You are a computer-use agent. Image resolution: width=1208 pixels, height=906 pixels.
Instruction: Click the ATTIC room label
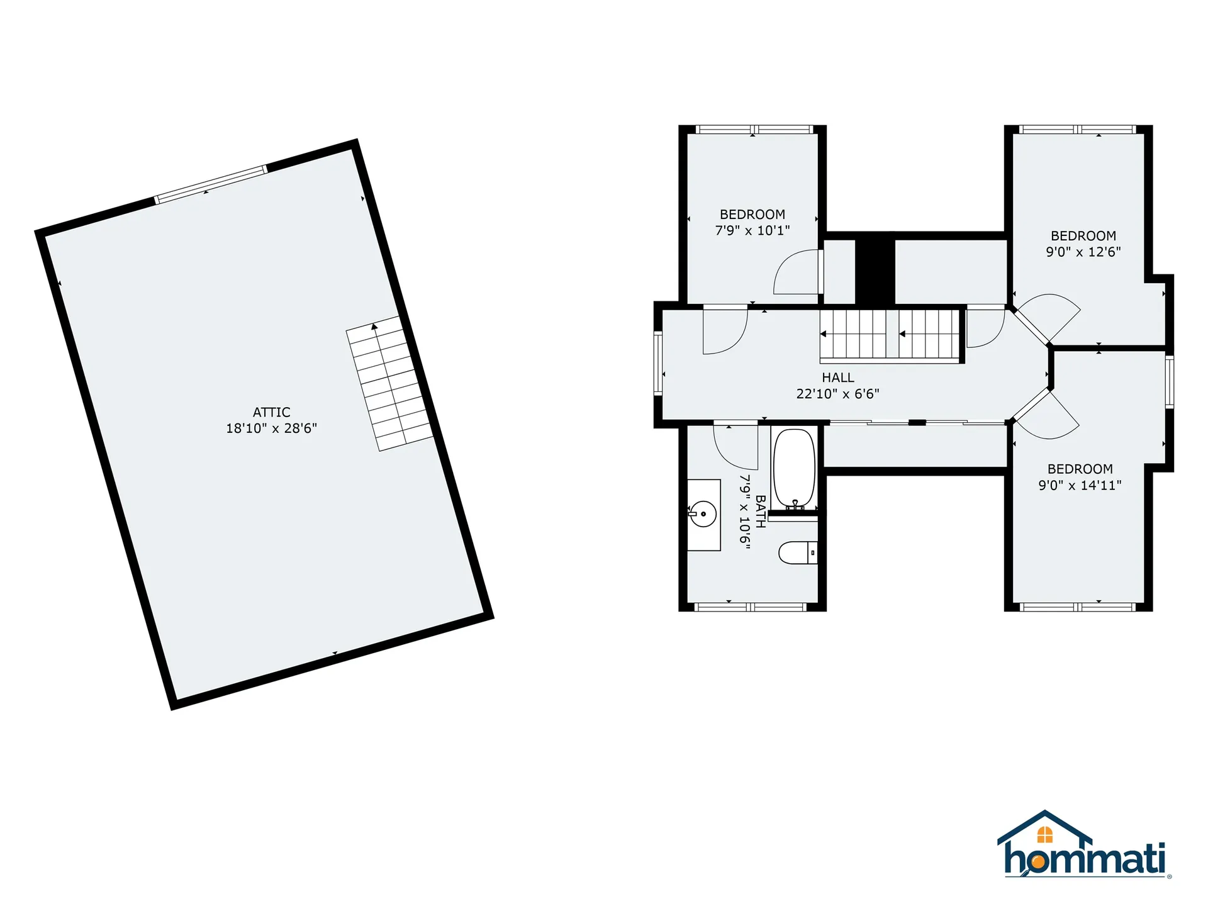271,412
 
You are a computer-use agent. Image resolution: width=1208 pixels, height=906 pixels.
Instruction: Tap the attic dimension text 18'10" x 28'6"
271,428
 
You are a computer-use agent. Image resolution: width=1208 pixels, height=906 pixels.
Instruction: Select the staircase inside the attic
390,384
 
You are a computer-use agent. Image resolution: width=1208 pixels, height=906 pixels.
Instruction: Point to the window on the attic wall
211,184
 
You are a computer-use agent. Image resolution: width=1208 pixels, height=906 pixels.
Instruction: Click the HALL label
837,377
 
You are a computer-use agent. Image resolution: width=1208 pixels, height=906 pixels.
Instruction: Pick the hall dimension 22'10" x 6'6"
837,394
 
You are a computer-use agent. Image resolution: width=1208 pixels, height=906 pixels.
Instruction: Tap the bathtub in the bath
794,469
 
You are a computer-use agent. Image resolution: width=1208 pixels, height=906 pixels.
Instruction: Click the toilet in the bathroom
797,552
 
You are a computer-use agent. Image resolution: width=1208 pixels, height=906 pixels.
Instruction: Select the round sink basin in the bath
703,514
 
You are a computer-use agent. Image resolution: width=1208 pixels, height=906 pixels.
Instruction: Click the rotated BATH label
760,512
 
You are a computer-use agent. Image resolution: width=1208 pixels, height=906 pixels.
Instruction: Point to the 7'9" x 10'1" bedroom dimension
752,231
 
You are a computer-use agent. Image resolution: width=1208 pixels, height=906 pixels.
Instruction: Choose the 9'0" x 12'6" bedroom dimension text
1083,252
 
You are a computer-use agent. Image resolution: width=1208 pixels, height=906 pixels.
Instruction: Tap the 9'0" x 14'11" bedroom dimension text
1080,485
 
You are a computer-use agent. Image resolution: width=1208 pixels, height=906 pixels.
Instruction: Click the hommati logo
1083,846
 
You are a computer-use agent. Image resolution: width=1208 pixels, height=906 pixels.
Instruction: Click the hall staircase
890,335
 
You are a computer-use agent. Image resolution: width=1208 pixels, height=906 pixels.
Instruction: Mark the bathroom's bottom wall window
749,607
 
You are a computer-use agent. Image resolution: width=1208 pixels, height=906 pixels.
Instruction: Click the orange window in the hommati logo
1044,835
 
